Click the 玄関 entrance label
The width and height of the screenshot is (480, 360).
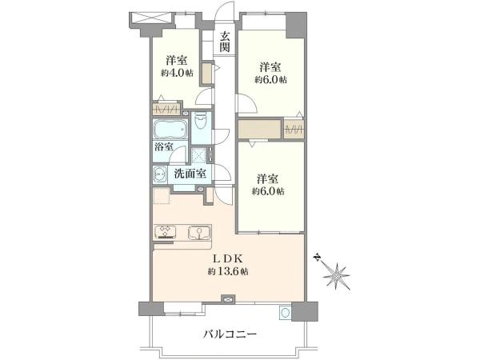226,41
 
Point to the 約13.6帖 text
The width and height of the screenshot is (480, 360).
228,272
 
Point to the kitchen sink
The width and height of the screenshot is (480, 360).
197,233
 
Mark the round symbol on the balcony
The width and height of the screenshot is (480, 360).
283,313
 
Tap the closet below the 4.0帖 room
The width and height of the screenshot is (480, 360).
169,108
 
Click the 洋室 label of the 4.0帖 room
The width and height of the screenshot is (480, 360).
178,60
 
